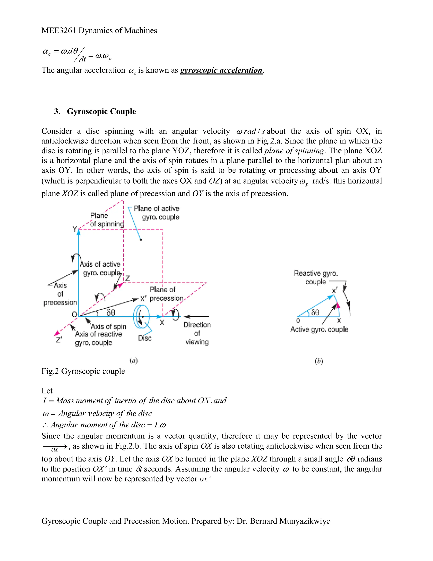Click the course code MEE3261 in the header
coord(59,30)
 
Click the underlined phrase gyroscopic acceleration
coord(221,70)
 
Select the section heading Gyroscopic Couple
coord(101,112)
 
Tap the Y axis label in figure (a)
coord(74,229)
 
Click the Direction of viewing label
coord(197,333)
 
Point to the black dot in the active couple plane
coord(141,240)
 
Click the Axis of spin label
coord(108,326)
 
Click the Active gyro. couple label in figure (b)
coord(319,330)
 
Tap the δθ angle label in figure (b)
coord(315,312)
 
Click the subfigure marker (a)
coord(134,361)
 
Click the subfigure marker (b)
coord(319,361)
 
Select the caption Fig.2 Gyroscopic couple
coord(83,371)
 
